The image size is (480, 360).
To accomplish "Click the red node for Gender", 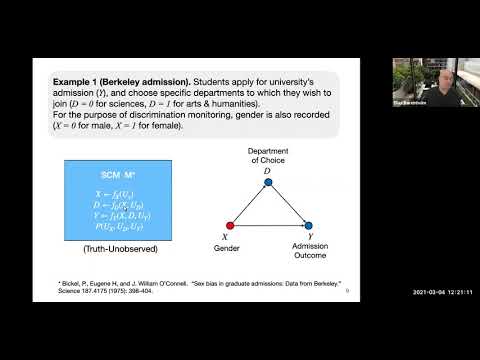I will pyautogui.click(x=231, y=225).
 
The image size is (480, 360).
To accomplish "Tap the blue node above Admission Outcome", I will pyautogui.click(x=309, y=225).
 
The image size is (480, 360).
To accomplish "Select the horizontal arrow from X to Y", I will pyautogui.click(x=270, y=225).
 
